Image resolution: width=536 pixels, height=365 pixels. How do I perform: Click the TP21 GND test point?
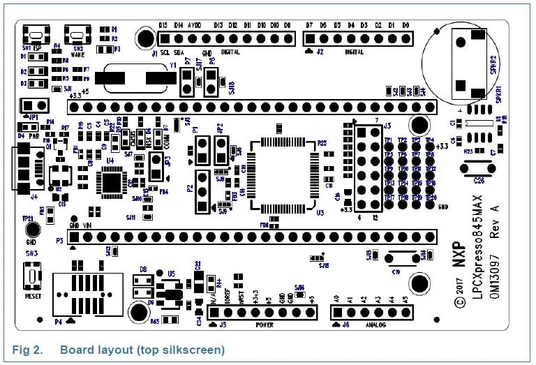click(31, 230)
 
